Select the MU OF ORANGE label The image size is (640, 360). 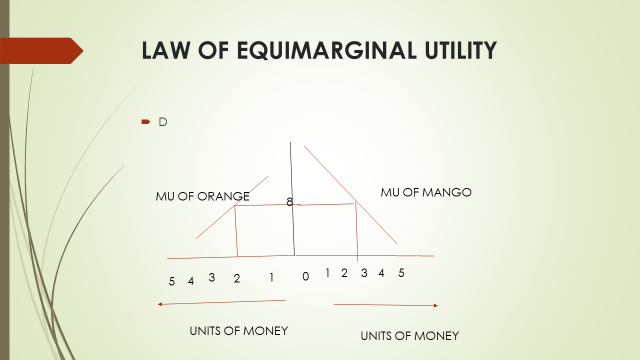click(202, 196)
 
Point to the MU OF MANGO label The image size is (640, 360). click(425, 191)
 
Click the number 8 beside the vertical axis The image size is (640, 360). click(290, 202)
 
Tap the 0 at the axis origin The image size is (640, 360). click(305, 277)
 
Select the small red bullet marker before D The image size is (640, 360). click(145, 122)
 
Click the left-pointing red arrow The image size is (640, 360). click(221, 301)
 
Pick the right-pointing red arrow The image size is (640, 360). click(386, 305)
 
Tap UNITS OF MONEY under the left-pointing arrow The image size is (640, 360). click(239, 330)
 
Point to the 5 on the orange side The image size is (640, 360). click(172, 281)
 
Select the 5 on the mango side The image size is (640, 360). click(401, 273)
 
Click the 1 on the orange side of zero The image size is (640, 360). click(271, 277)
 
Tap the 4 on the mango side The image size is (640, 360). click(381, 273)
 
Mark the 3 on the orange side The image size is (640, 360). click(212, 277)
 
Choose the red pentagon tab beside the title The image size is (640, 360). click(41, 49)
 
